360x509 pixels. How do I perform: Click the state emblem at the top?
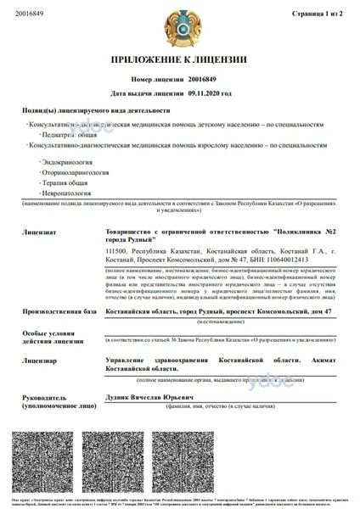click(x=179, y=28)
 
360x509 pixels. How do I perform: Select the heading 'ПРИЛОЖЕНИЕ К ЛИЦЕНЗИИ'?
click(x=179, y=59)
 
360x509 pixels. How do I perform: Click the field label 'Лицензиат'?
click(x=40, y=230)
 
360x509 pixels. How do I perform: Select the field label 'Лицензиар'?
click(x=40, y=360)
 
